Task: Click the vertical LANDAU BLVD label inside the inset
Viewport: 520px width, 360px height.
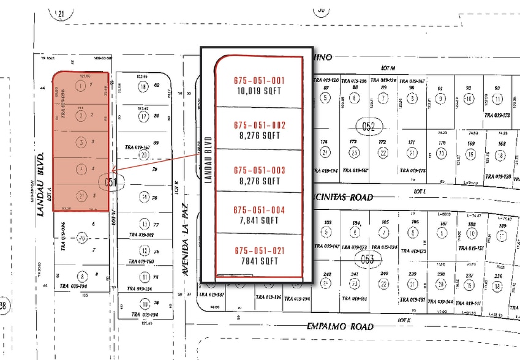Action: click(208, 160)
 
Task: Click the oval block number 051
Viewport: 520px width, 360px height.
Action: click(110, 181)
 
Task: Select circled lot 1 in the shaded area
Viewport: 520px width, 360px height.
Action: click(81, 86)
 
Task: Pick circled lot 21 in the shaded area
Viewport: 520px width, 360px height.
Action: click(81, 197)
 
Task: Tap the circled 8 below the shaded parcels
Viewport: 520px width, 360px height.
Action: click(81, 276)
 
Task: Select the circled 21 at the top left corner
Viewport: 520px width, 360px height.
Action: click(61, 12)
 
